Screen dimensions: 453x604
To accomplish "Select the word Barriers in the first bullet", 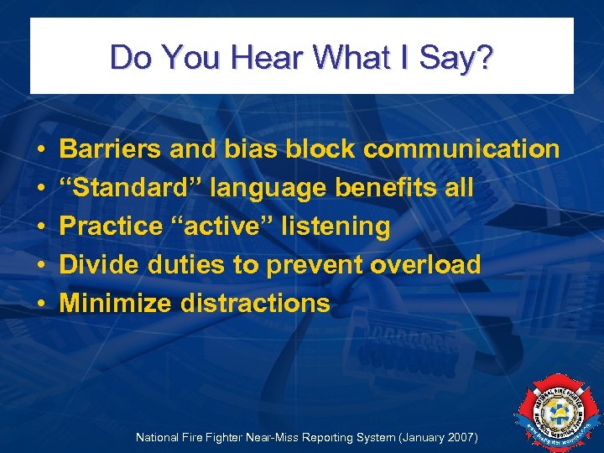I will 111,149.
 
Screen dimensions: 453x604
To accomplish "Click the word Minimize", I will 117,303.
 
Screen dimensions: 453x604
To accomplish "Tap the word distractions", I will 256,303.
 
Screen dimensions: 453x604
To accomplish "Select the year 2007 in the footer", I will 461,438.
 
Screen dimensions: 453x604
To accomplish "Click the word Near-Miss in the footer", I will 263,438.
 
